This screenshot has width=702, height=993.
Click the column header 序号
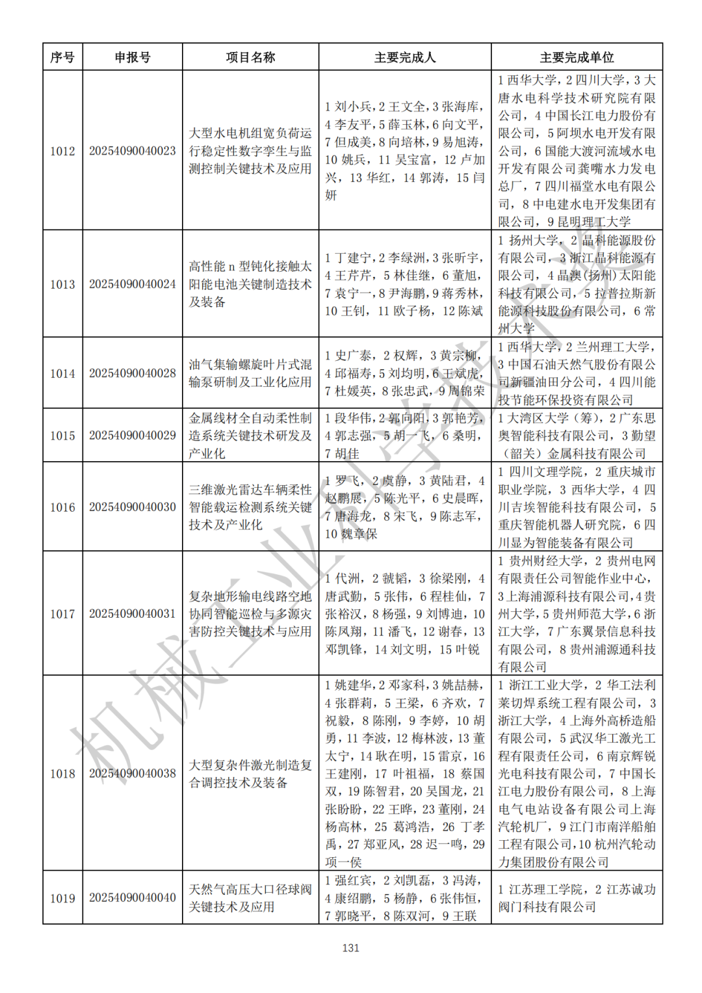pyautogui.click(x=62, y=57)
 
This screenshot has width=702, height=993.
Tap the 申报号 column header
pyautogui.click(x=133, y=57)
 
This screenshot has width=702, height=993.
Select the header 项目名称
pyautogui.click(x=250, y=57)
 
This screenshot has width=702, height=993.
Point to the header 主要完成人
pyautogui.click(x=404, y=57)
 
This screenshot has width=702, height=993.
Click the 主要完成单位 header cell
pyautogui.click(x=577, y=57)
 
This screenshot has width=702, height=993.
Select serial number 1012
pyautogui.click(x=62, y=151)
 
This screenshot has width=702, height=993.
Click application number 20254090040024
pyautogui.click(x=133, y=284)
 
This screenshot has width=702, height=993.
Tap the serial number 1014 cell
pyautogui.click(x=62, y=373)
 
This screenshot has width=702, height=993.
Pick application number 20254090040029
pyautogui.click(x=133, y=435)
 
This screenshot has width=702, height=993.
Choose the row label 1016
pyautogui.click(x=62, y=507)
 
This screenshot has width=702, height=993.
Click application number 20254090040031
pyautogui.click(x=133, y=613)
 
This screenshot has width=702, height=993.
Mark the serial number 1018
pyautogui.click(x=62, y=773)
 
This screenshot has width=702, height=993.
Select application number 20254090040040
pyautogui.click(x=133, y=897)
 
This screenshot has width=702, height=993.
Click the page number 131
pyautogui.click(x=351, y=948)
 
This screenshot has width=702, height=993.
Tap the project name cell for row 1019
pyautogui.click(x=250, y=897)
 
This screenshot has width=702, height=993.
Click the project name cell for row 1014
pyautogui.click(x=250, y=373)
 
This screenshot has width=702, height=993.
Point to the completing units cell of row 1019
pyautogui.click(x=577, y=897)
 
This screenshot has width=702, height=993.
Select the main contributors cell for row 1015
pyautogui.click(x=404, y=435)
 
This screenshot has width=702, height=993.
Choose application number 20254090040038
pyautogui.click(x=133, y=773)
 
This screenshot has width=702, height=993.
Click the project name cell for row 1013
pyautogui.click(x=250, y=284)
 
